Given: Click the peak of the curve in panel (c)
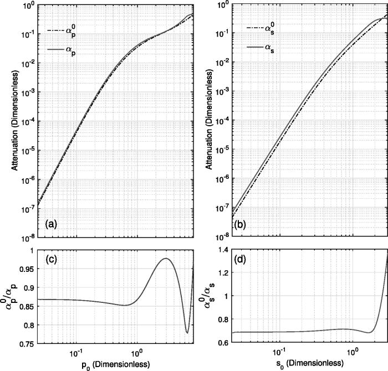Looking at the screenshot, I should click(166, 259).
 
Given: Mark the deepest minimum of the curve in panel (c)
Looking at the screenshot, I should click(187, 332).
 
